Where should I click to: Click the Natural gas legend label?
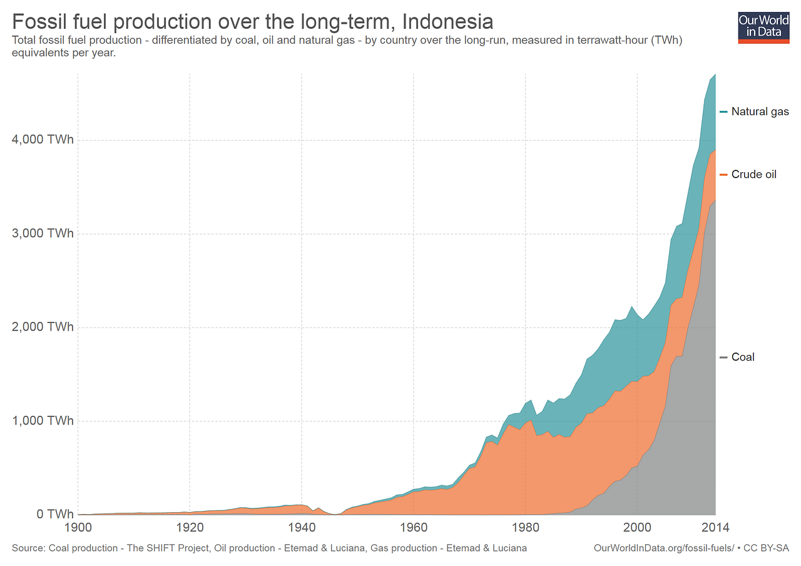(x=760, y=112)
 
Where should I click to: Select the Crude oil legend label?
(x=753, y=175)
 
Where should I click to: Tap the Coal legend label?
(x=743, y=357)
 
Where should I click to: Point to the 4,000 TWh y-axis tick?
(x=43, y=140)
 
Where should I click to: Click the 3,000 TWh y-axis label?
(x=43, y=234)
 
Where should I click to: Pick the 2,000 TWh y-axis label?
(x=43, y=327)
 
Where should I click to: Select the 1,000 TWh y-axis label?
(x=43, y=421)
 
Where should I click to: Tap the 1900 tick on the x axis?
(x=78, y=527)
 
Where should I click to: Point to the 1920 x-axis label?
(x=190, y=527)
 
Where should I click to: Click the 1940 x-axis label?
(x=302, y=527)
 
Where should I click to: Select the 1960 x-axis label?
(x=414, y=527)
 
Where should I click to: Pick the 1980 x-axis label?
(x=526, y=527)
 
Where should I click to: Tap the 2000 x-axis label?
(x=637, y=527)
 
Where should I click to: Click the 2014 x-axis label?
(x=715, y=527)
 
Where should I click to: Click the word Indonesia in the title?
(x=447, y=21)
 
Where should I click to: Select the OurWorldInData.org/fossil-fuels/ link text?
(x=663, y=548)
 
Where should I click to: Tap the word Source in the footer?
(x=27, y=548)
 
